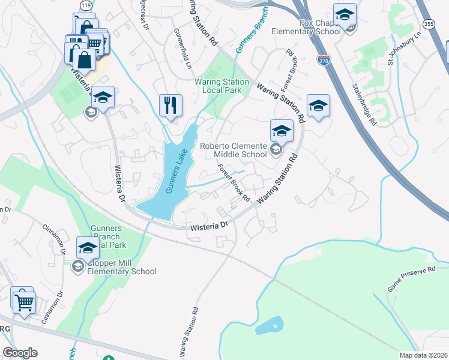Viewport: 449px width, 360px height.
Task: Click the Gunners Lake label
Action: click(x=178, y=173)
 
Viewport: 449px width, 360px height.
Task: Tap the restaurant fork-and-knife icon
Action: click(x=170, y=106)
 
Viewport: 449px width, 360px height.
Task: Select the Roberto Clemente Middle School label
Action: click(x=234, y=150)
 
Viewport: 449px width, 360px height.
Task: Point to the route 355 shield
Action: click(x=428, y=24)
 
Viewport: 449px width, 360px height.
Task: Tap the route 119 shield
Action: click(x=83, y=4)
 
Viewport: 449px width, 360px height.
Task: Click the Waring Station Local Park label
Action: click(x=221, y=86)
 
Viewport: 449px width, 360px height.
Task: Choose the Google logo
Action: click(x=20, y=353)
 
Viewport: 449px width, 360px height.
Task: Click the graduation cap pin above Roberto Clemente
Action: click(x=281, y=130)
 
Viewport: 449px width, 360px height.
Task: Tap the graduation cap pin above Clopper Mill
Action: click(x=88, y=247)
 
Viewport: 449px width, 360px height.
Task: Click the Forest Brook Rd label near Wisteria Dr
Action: click(x=233, y=182)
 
